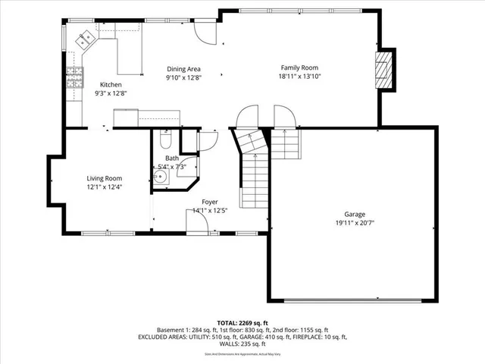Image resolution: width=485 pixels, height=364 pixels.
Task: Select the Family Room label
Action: (x=299, y=67)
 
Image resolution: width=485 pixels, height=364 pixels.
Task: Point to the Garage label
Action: (x=355, y=215)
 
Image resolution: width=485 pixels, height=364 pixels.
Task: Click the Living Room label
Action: (x=104, y=178)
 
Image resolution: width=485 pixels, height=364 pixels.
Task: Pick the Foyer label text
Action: (x=210, y=202)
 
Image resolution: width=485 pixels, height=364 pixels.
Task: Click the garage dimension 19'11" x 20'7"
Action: (x=355, y=224)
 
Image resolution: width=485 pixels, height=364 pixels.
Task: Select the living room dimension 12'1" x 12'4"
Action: (x=104, y=187)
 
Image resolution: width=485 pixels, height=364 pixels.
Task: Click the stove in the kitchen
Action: (x=74, y=78)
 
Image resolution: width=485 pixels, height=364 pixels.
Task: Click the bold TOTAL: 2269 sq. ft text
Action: (x=242, y=322)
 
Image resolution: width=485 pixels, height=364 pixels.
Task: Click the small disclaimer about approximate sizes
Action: (x=242, y=354)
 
